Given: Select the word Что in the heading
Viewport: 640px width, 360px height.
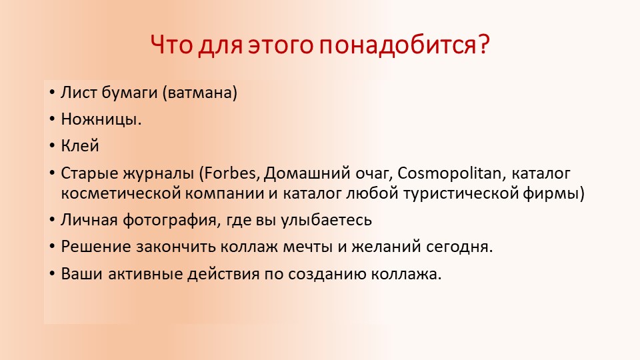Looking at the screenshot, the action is (x=171, y=44).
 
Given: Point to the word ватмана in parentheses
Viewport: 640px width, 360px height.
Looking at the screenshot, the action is (x=199, y=93).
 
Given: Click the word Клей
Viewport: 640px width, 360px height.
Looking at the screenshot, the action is (x=80, y=146).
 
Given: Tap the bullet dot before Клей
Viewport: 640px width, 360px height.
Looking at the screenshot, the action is (x=51, y=146).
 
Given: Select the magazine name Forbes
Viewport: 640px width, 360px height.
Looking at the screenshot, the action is (x=230, y=173).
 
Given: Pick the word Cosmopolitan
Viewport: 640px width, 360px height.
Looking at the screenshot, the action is (x=449, y=174).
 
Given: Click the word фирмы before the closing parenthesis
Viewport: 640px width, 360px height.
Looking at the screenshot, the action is (x=551, y=194).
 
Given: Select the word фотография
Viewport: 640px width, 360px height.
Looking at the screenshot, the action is (x=169, y=221).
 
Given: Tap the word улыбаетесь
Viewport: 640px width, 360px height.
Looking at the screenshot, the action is (x=326, y=221).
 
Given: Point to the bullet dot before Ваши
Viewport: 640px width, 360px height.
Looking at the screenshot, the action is (x=51, y=274).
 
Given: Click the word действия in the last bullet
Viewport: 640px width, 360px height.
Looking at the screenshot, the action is (x=223, y=274).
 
